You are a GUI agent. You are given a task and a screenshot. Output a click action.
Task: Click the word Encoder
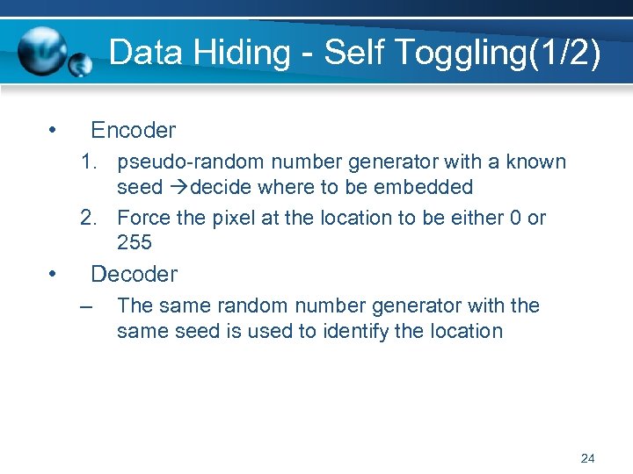[133, 131]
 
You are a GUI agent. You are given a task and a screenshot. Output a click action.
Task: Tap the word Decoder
[134, 274]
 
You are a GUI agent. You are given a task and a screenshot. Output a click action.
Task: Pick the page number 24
[588, 458]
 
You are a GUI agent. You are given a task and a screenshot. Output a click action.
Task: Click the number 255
[134, 242]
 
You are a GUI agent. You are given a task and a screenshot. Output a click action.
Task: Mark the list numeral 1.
[86, 162]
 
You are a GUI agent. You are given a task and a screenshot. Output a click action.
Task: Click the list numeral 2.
[86, 218]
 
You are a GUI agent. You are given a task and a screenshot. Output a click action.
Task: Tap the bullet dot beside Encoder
[54, 132]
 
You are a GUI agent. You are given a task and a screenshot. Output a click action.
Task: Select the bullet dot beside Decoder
[54, 275]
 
